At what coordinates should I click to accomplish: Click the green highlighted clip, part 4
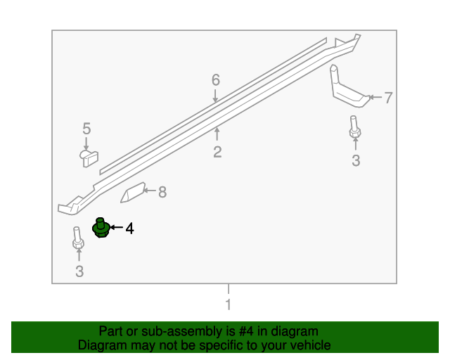[101, 229]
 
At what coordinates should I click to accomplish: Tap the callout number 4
[129, 229]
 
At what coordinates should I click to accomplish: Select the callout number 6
[216, 80]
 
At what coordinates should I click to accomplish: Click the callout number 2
[217, 152]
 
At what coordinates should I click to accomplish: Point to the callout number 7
[388, 98]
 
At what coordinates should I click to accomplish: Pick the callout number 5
[86, 128]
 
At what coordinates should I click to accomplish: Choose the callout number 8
[162, 191]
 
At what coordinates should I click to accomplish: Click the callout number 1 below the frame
[227, 304]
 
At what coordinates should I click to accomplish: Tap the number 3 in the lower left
[79, 271]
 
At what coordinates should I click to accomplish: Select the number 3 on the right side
[356, 160]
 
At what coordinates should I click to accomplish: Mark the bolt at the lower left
[77, 239]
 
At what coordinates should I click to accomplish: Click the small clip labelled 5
[88, 157]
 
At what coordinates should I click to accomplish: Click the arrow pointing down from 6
[216, 96]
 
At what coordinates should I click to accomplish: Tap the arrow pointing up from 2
[217, 134]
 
